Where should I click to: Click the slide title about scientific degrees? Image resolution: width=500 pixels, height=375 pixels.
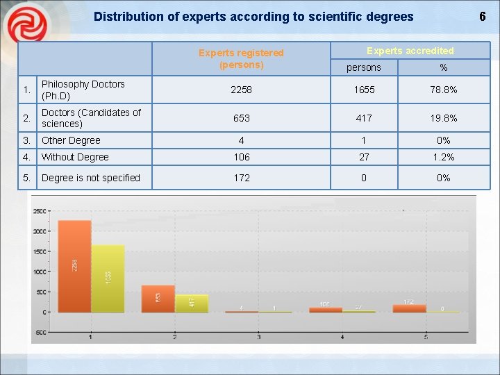click(253, 17)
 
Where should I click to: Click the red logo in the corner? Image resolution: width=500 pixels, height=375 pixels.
click(26, 26)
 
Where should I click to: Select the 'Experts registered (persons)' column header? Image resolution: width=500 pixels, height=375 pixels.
click(241, 58)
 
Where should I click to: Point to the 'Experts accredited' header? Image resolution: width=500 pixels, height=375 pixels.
click(410, 51)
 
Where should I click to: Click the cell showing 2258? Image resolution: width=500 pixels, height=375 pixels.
click(241, 90)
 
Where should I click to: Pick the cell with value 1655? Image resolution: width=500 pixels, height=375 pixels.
click(364, 90)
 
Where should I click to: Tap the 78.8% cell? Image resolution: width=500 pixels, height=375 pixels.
click(443, 90)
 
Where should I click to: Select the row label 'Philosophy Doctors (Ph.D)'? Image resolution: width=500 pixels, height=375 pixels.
click(83, 90)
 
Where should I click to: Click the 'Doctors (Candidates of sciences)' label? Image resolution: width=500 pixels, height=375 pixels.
click(90, 118)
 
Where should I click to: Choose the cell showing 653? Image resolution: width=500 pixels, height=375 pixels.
click(241, 118)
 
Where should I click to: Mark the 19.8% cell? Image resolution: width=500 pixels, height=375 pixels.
click(443, 118)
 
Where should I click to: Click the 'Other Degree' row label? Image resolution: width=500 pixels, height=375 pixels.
click(71, 140)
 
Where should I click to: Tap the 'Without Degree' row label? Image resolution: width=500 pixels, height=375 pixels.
click(75, 157)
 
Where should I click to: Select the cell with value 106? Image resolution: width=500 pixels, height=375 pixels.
click(241, 157)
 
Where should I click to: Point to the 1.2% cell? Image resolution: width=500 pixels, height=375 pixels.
click(443, 157)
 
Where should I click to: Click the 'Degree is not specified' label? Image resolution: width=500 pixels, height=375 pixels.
click(90, 178)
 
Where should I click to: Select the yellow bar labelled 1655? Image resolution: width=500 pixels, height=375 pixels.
click(108, 278)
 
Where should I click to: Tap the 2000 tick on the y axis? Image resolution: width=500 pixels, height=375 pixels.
click(40, 231)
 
